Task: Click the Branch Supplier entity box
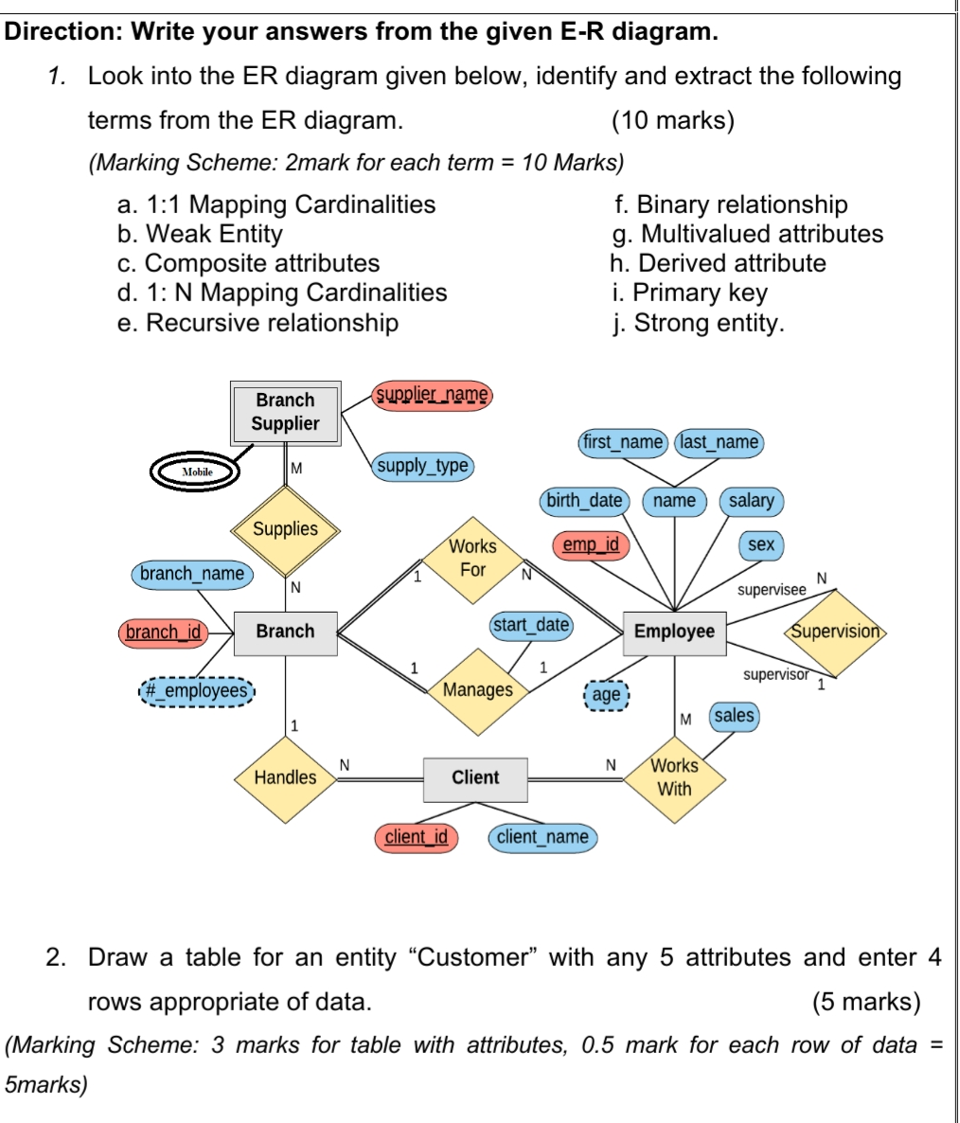(x=285, y=412)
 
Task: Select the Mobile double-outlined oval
(x=198, y=472)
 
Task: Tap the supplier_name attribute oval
(x=433, y=394)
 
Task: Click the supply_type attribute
(x=422, y=466)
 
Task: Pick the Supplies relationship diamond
(x=285, y=529)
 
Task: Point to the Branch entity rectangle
(x=285, y=632)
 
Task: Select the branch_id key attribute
(x=164, y=632)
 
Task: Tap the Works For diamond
(x=472, y=559)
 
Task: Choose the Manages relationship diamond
(x=478, y=690)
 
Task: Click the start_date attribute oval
(x=531, y=625)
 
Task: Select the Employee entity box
(x=674, y=632)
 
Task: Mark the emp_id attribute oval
(x=591, y=544)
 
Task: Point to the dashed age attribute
(x=606, y=694)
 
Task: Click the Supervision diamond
(x=835, y=632)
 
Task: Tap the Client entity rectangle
(x=475, y=777)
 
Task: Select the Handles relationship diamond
(x=285, y=777)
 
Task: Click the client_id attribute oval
(x=417, y=837)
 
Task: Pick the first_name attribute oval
(x=623, y=442)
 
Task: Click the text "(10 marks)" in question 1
(x=673, y=120)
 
